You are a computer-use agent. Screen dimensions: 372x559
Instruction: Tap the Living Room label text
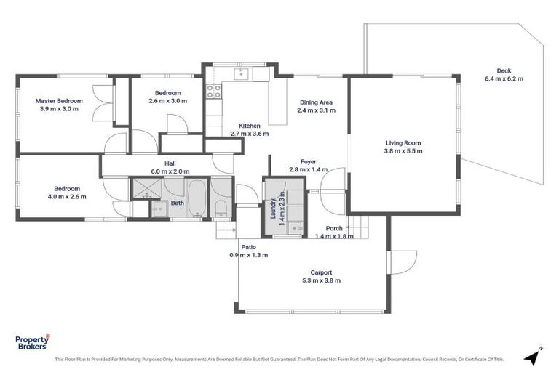point(403,143)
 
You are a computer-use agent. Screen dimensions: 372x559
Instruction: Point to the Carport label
point(320,272)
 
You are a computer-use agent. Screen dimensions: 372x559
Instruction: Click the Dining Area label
point(316,102)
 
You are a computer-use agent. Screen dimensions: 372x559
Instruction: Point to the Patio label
point(249,247)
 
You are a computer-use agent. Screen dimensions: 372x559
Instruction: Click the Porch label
point(334,229)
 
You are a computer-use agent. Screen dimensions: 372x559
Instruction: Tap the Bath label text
point(178,203)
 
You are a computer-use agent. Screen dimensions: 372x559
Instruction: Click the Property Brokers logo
point(32,342)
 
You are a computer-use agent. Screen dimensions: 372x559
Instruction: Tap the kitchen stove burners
point(214,91)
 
